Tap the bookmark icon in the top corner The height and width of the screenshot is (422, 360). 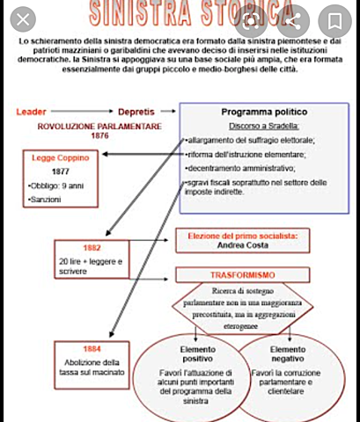point(335,18)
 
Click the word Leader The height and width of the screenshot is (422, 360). point(32,112)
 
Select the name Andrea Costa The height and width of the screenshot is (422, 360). point(244,246)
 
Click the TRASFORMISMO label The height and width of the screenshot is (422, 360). point(243,275)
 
